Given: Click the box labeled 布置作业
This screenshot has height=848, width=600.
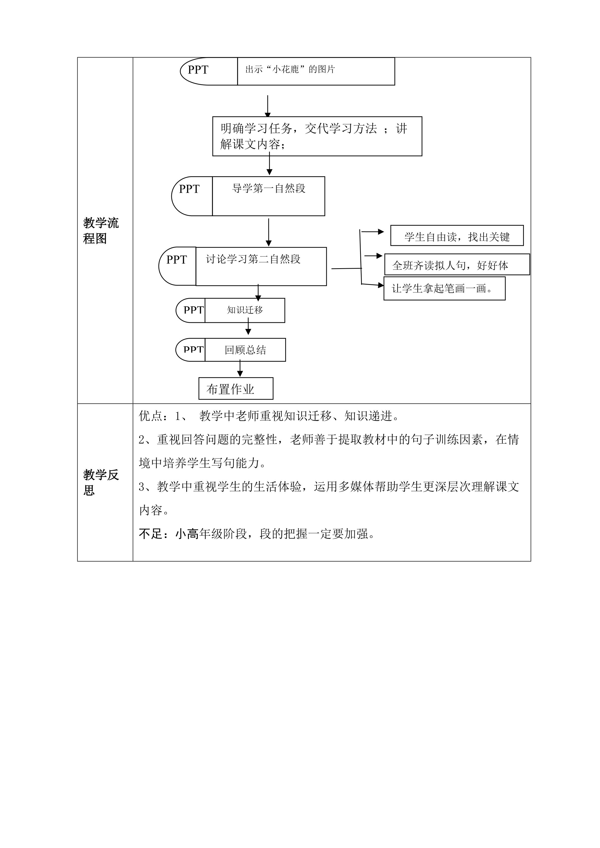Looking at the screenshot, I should click(x=236, y=389).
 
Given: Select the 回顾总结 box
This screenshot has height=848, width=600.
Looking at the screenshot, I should click(x=245, y=350).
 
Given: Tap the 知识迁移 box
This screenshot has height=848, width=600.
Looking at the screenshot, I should click(x=245, y=310).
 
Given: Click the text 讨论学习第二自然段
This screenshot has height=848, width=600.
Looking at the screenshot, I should click(x=253, y=259).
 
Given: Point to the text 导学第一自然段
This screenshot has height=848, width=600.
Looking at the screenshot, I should click(x=269, y=189).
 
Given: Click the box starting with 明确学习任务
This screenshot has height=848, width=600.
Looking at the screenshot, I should click(x=317, y=136).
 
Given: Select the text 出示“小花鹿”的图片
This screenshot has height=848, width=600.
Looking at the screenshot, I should click(x=290, y=70).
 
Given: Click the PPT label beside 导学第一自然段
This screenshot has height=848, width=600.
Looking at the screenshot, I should click(x=189, y=189).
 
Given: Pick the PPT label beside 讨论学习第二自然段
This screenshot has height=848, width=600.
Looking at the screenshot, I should click(x=177, y=260).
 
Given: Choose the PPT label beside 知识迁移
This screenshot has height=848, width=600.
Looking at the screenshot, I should click(x=193, y=310).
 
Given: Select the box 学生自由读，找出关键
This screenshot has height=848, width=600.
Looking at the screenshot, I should click(x=457, y=236).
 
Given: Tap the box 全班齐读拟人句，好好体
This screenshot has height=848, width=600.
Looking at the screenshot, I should click(x=457, y=265).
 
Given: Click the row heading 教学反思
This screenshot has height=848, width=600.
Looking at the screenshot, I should click(x=101, y=482).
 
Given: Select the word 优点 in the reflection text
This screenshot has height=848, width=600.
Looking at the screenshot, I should click(x=150, y=416).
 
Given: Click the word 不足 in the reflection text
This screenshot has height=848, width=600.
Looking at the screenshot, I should click(x=150, y=534).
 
